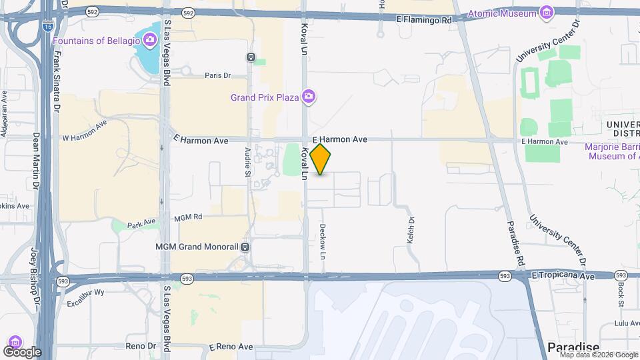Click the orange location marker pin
[321, 159]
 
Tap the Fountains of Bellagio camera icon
[150, 41]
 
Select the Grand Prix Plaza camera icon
[308, 97]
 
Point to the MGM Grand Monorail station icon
[246, 247]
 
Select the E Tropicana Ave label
[563, 275]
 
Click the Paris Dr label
[217, 75]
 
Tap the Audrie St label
[247, 162]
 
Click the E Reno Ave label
[231, 347]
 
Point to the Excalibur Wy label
[86, 292]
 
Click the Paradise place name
[573, 347]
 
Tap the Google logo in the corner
[22, 351]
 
